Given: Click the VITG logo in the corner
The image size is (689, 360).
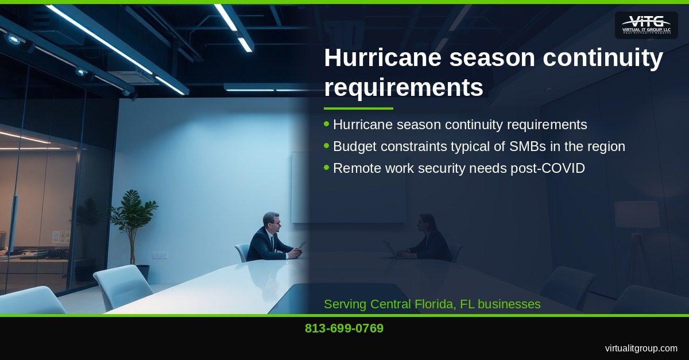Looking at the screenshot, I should click(646, 25).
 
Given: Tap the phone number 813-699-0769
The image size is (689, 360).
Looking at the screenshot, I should click(344, 329).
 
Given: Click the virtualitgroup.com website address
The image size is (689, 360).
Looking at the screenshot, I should click(641, 349).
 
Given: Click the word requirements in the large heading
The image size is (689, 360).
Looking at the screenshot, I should click(403, 88).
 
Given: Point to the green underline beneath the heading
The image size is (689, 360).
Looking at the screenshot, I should click(358, 108).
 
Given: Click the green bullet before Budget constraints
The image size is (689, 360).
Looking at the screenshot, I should click(327, 146).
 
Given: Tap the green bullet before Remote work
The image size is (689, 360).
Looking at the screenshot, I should click(327, 168).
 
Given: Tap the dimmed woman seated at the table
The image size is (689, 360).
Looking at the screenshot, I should click(426, 238).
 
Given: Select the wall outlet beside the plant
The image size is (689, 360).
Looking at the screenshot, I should click(159, 255).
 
